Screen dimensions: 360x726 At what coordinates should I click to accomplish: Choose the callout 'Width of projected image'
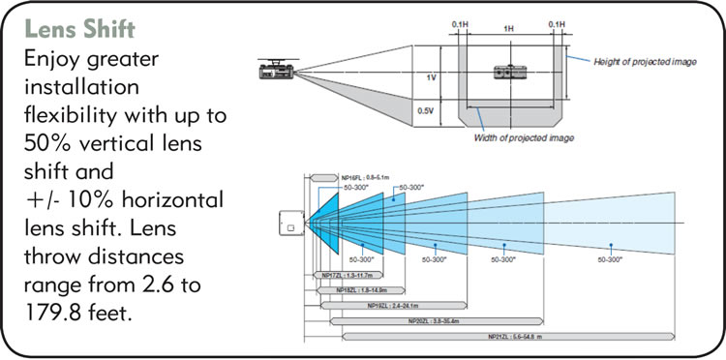coord(523,136)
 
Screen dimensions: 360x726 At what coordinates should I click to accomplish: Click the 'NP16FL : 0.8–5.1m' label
coord(364,177)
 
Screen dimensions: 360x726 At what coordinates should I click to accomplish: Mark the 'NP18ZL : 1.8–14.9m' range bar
coord(364,289)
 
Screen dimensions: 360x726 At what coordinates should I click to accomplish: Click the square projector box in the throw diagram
coord(287,226)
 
